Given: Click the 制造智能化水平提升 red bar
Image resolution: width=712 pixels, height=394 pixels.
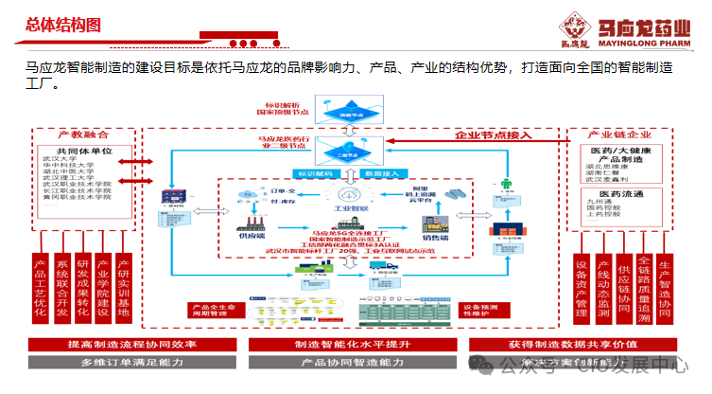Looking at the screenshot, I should (352, 344).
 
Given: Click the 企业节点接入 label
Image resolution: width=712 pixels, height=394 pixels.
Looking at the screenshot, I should (493, 134).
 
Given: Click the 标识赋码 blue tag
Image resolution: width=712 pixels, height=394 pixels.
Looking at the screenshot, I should (314, 173).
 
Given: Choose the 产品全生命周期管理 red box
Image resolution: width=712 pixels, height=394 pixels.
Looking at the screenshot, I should (213, 311).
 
